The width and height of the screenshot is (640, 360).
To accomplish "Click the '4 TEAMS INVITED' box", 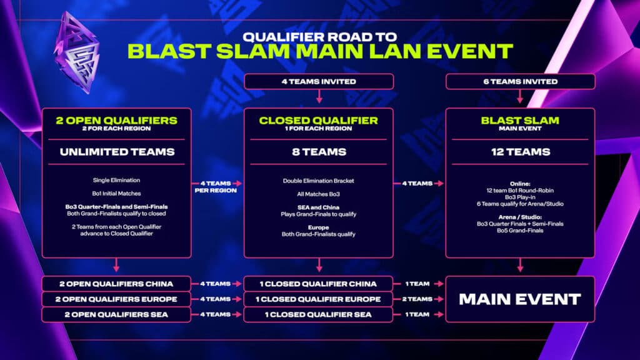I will pos(319,81).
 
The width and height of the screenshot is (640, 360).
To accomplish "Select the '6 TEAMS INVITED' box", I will pos(520,81).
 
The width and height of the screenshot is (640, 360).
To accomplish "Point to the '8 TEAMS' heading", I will pos(319,152).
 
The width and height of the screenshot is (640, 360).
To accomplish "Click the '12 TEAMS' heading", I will pos(520,152).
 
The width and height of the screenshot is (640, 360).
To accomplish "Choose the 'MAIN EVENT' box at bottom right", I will pos(520,299).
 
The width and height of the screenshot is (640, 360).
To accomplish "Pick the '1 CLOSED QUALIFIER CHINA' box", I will pos(319,283).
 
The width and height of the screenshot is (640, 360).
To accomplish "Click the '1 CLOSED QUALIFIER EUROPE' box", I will pos(319,299).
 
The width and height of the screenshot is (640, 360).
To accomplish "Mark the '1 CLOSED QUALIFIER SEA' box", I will pos(319,314).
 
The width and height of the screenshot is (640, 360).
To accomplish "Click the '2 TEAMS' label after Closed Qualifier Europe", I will pos(416,299).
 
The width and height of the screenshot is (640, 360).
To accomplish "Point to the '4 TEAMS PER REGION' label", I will pos(214,186).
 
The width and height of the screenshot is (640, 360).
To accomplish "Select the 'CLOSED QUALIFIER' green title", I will pos(319,121).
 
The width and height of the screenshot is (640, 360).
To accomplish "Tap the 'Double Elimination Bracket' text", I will pos(319,181).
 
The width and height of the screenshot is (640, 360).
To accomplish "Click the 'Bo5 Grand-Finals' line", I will pos(520,231).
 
